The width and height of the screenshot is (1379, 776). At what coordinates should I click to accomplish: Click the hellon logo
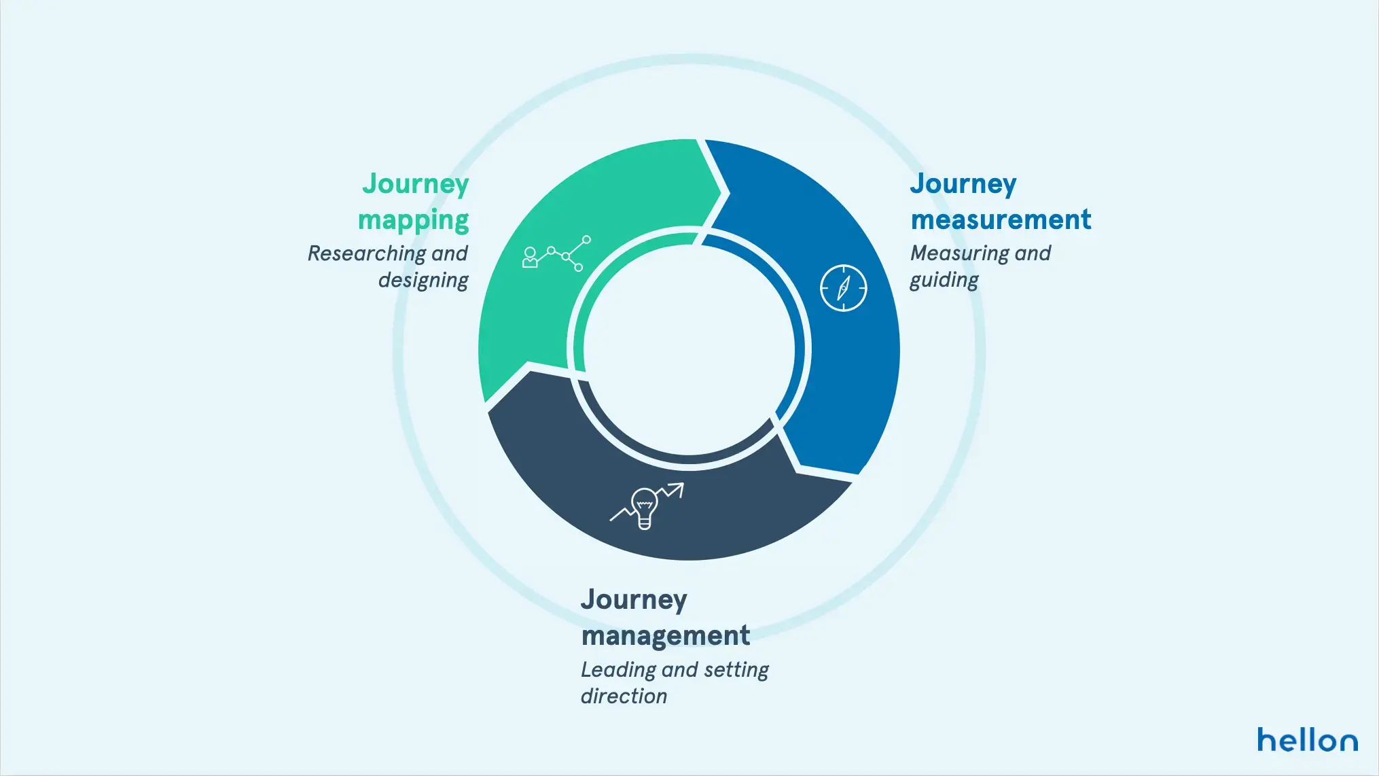(1307, 739)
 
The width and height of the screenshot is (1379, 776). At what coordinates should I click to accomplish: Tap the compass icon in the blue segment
(844, 288)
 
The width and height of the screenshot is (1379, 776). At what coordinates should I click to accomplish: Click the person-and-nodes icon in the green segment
(556, 253)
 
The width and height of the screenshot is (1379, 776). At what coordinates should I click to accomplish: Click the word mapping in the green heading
(414, 221)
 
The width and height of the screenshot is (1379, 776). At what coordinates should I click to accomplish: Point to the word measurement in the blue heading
(1001, 219)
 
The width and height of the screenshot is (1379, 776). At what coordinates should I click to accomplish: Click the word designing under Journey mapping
(423, 281)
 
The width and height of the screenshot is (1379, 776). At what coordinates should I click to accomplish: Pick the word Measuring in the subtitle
(959, 254)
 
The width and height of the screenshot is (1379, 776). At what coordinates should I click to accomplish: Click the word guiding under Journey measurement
(944, 281)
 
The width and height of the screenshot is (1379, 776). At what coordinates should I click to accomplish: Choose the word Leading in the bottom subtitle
(618, 671)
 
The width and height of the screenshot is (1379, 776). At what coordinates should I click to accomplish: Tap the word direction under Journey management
(624, 696)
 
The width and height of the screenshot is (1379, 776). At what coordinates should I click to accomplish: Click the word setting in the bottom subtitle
(736, 671)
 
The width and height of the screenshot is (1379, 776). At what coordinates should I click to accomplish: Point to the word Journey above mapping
(415, 184)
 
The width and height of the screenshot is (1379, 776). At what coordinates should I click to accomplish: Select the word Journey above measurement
(963, 184)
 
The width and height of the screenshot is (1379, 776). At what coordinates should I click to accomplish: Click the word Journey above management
(634, 600)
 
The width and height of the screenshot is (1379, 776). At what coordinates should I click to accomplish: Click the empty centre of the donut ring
(689, 349)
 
